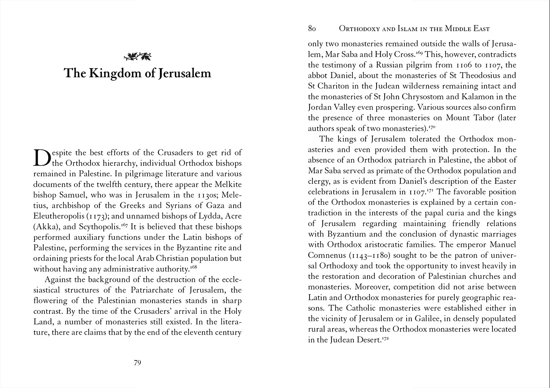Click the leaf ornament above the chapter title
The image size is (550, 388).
click(137, 56)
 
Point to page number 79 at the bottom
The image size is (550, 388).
click(137, 363)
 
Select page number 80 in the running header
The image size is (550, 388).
click(312, 29)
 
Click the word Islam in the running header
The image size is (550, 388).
click(405, 29)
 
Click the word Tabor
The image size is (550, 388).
click(473, 118)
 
